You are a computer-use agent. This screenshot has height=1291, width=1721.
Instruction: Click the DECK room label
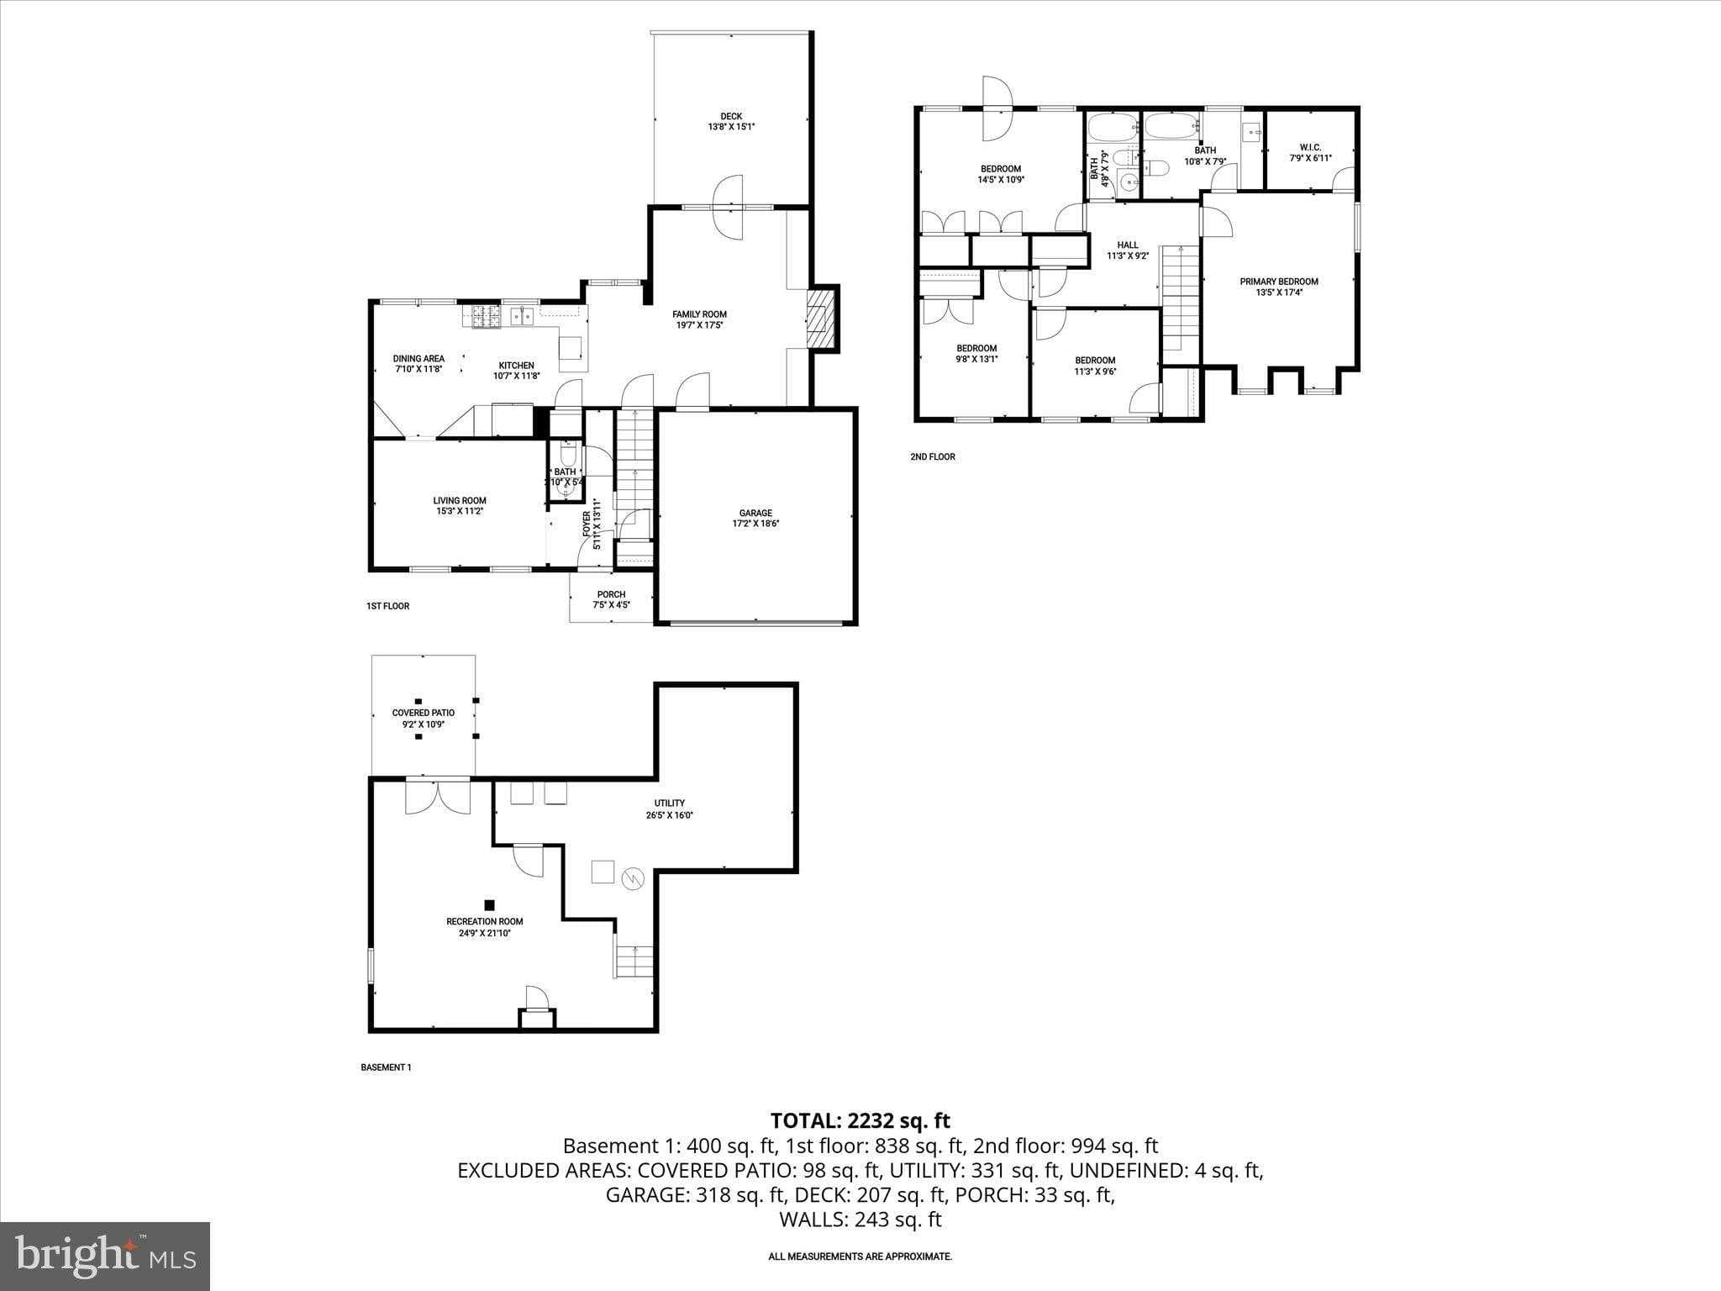point(730,117)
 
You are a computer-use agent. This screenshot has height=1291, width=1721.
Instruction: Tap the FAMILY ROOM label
point(699,314)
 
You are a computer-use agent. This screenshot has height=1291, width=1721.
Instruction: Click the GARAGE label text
point(755,513)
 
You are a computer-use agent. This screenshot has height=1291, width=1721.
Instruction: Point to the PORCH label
point(611,594)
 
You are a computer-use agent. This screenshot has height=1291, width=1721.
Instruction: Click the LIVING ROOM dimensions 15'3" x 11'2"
point(460,511)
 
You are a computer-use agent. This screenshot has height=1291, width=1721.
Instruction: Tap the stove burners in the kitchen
point(485,315)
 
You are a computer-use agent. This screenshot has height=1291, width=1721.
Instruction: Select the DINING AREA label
point(418,359)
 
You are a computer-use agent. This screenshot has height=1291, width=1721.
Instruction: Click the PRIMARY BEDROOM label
point(1278,282)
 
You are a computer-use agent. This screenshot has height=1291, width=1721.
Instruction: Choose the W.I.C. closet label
point(1310,147)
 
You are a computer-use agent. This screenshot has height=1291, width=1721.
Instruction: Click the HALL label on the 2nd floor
point(1128,245)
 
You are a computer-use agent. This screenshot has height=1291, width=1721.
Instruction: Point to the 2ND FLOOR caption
point(932,457)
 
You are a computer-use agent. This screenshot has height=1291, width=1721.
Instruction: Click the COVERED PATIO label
point(423,713)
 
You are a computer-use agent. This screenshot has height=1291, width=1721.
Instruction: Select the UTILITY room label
point(670,803)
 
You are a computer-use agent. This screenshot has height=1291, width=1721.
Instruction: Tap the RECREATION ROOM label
point(484,921)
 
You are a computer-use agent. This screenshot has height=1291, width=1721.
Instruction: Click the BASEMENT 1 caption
point(386,1067)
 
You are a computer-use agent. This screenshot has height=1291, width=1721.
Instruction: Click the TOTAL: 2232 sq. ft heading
point(860,1120)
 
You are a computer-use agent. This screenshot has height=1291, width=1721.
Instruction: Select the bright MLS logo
point(105,1256)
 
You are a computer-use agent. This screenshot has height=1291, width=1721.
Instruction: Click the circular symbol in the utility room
point(631,879)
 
